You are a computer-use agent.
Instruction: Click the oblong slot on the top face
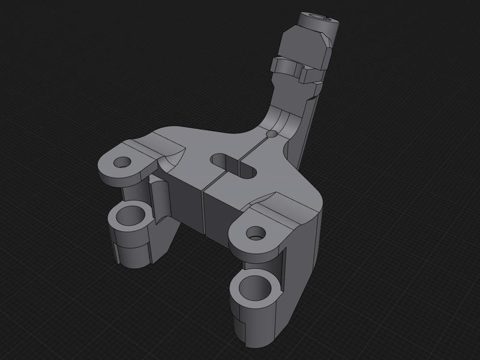click(233, 165)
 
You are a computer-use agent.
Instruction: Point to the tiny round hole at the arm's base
click(272, 134)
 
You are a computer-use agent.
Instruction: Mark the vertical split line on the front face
click(203, 213)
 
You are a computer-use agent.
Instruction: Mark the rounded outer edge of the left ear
click(108, 177)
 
